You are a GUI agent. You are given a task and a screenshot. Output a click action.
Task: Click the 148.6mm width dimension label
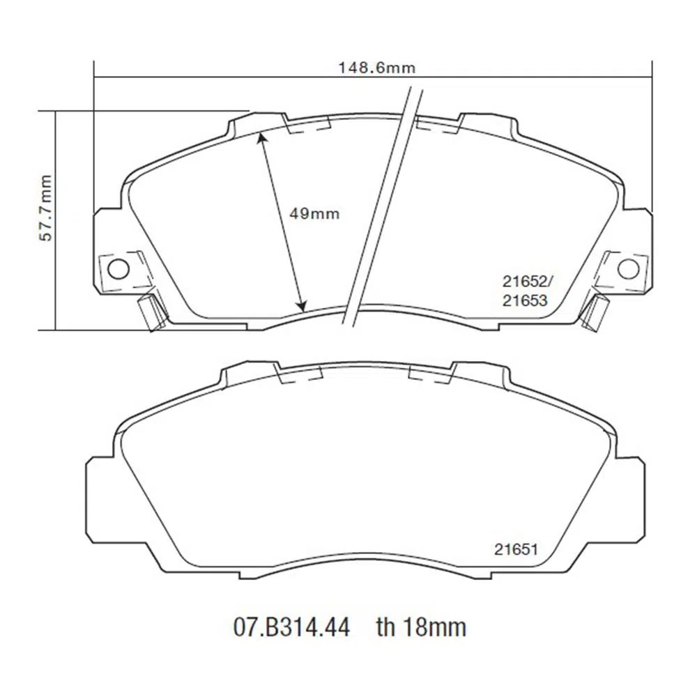377,68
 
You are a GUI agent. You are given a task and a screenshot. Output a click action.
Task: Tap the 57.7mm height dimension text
45,208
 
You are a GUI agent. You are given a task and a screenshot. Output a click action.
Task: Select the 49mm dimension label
314,214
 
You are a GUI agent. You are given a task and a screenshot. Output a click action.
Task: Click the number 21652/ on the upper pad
528,282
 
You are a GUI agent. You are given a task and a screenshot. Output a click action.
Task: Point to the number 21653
525,301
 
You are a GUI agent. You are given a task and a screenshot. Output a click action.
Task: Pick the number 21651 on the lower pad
516,549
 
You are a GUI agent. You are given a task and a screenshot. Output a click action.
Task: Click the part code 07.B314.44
291,627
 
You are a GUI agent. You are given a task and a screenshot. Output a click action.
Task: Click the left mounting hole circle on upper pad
118,269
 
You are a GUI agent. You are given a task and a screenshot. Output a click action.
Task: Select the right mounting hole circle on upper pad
629,268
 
